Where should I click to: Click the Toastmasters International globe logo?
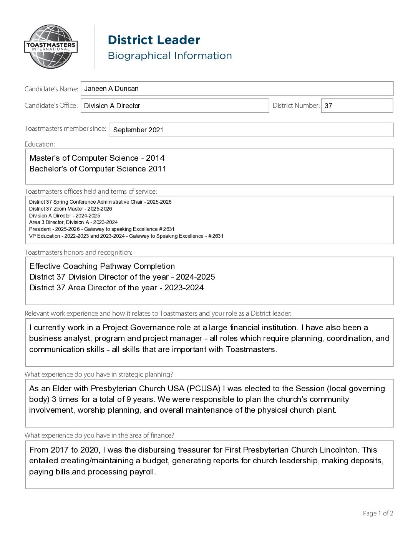pos(51,47)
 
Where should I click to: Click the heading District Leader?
pos(154,40)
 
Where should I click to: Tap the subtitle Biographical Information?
pos(169,56)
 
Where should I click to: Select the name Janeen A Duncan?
pos(111,89)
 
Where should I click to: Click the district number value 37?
pos(328,106)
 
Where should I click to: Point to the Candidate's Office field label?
pos(51,105)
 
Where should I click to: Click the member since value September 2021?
pos(138,130)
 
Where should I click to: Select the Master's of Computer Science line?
pos(97,158)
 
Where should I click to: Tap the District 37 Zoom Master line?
pos(70,209)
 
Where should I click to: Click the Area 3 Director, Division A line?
pos(73,222)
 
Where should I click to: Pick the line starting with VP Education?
pos(126,236)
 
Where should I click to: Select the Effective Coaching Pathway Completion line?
pos(102,266)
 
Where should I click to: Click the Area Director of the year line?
pos(116,288)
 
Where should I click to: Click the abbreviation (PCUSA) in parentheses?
pos(204,389)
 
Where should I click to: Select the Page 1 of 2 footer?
pos(378,513)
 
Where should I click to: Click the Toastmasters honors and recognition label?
pos(78,252)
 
